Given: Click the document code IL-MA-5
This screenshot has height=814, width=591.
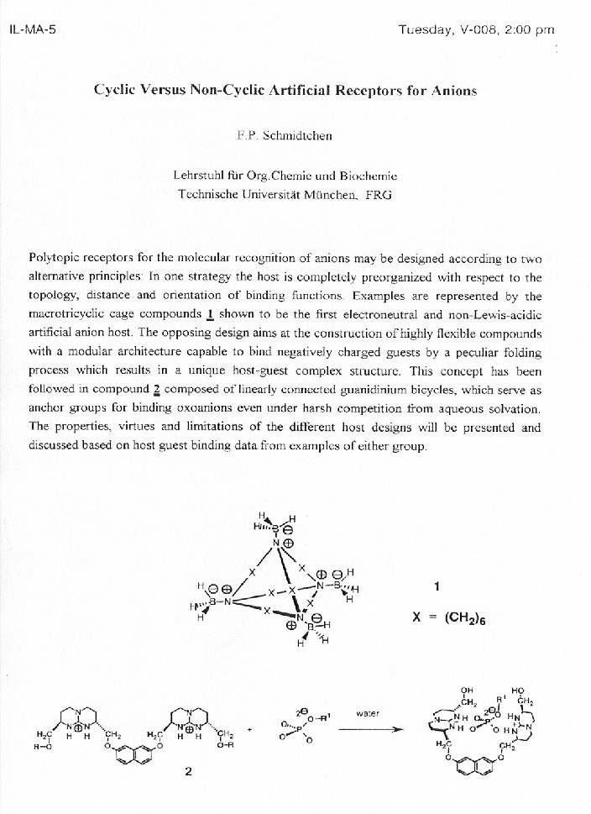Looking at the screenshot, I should point(31,31).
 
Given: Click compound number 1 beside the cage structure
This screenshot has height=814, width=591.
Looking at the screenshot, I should point(437,586).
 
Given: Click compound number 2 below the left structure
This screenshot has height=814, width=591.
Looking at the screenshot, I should point(188,773).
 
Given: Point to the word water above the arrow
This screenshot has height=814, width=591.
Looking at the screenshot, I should point(368,713).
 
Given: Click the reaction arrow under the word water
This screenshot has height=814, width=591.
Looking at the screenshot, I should point(367,728).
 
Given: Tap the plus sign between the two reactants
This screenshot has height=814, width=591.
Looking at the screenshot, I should point(249,728).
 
